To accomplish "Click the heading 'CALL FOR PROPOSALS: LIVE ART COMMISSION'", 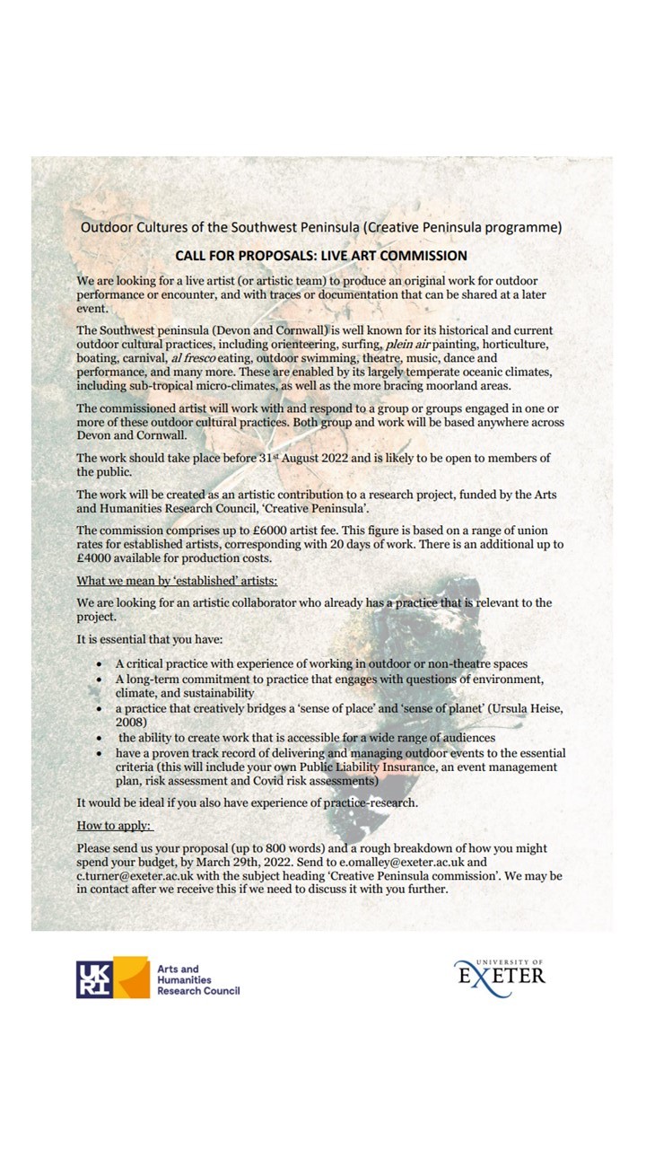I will [x=321, y=256].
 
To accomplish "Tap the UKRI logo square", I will [x=94, y=978].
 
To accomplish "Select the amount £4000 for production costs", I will [x=94, y=558].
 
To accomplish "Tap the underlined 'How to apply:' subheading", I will [x=115, y=825].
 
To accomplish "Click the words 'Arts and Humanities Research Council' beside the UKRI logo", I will [x=197, y=979].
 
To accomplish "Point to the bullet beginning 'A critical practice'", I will [x=321, y=663].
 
